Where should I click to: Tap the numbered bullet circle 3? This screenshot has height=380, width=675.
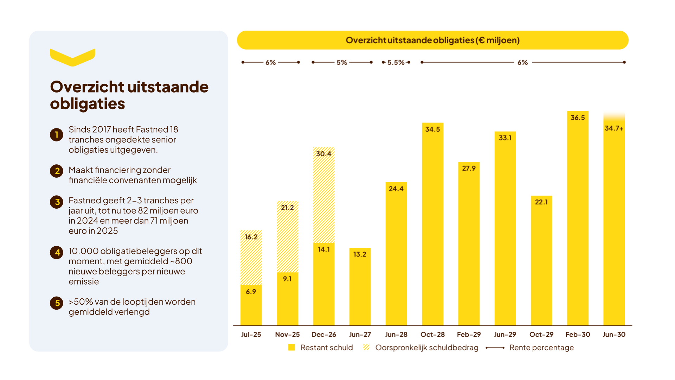57,202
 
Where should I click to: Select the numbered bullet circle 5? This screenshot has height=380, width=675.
57,303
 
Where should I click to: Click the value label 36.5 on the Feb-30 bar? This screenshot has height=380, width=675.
578,118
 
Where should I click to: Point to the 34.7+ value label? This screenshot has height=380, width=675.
614,128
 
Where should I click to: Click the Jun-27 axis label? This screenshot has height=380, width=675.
360,335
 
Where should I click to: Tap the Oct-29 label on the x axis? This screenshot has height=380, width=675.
541,335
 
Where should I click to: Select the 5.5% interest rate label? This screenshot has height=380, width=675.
396,62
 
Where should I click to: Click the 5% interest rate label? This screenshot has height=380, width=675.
342,62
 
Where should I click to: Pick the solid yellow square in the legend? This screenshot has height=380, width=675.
291,347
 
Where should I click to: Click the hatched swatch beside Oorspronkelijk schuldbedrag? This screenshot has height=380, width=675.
366,347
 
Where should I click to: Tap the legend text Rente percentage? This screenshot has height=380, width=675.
541,348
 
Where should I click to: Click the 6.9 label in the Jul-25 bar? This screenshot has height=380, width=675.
251,292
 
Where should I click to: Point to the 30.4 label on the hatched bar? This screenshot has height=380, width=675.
323,154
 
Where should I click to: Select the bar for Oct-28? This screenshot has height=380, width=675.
432,224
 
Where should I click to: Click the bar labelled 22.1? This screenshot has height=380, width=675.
541,260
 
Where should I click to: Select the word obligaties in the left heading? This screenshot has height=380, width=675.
88,104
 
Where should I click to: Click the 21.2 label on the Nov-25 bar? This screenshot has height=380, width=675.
287,208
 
